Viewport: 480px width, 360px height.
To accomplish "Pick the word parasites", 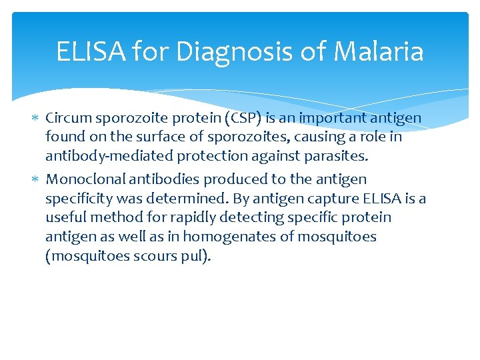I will click(x=331, y=157).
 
